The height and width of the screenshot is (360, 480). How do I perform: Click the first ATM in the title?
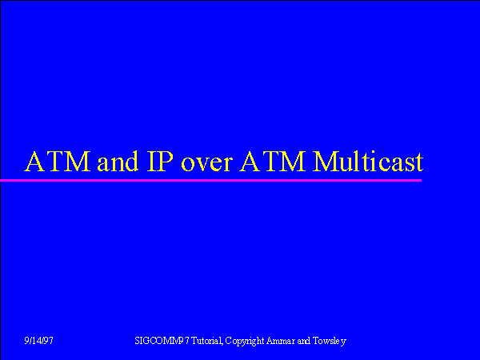[x=58, y=161]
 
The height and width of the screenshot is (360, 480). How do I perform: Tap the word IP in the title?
[x=160, y=161]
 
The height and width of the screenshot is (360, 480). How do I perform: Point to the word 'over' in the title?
[x=207, y=165]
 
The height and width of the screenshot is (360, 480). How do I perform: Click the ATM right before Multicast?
[x=273, y=161]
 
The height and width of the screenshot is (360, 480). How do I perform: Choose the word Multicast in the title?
[x=368, y=161]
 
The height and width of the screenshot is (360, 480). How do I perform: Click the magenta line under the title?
[x=211, y=180]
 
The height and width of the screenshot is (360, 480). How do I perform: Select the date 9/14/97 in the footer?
[x=39, y=341]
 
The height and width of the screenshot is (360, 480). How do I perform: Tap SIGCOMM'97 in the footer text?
[x=162, y=341]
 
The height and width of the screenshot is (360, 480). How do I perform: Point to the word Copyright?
[x=245, y=341]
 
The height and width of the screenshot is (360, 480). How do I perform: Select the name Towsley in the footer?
[x=330, y=341]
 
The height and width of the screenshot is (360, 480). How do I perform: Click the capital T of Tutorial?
[x=194, y=341]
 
